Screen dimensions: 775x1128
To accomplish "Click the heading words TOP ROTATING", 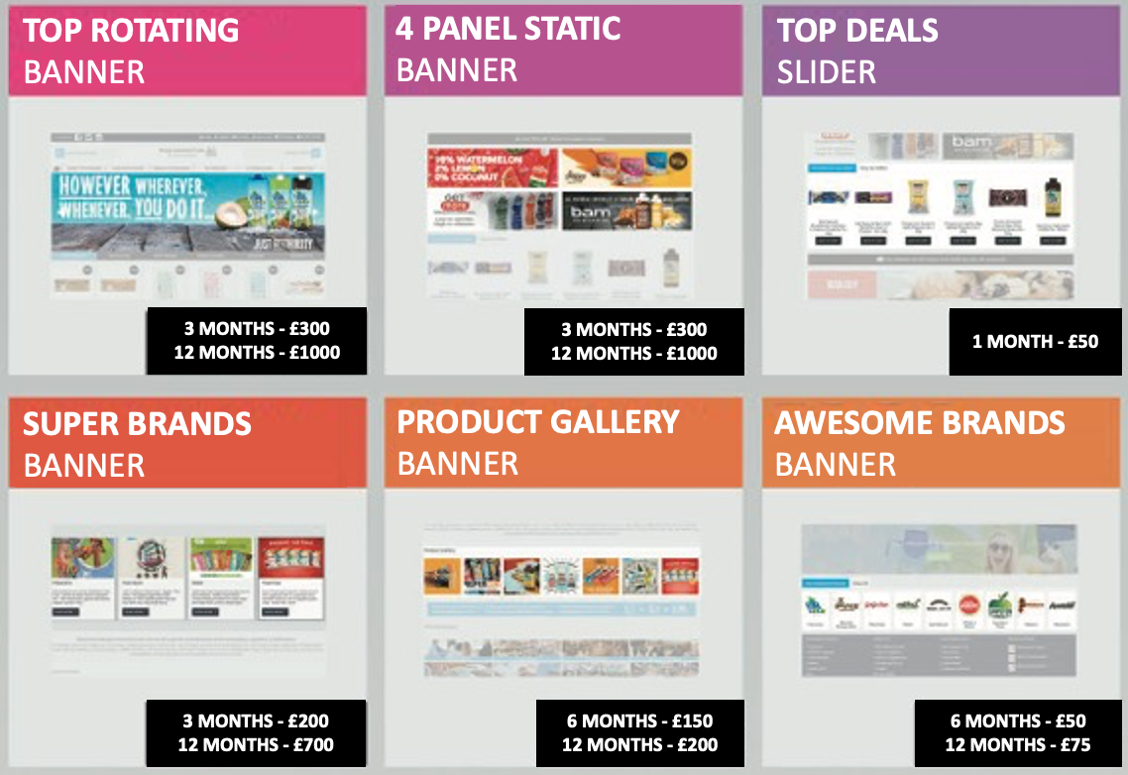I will (x=131, y=30).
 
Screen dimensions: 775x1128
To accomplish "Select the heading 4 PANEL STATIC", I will (x=508, y=28).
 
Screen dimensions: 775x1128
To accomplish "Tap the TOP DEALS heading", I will (x=857, y=30).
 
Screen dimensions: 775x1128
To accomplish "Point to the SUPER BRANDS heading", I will (x=137, y=424).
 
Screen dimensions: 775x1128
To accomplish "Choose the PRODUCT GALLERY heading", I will (x=538, y=421).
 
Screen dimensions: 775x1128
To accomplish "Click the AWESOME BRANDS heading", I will (x=920, y=423).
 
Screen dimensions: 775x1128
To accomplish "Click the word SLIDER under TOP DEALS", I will (x=826, y=71).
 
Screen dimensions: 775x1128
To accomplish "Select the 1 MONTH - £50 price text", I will (x=1035, y=341).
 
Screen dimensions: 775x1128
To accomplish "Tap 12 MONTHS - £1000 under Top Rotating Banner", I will (x=257, y=353).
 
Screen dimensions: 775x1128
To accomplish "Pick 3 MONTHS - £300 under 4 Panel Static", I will (x=633, y=329).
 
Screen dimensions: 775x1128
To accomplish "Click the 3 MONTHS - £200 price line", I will (x=256, y=720).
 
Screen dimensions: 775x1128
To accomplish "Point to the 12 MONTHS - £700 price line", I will (x=256, y=744).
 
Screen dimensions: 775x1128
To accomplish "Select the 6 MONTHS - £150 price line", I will (x=639, y=720).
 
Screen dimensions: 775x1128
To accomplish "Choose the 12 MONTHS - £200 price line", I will (x=639, y=744).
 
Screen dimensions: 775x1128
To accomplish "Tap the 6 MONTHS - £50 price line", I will (x=1018, y=720).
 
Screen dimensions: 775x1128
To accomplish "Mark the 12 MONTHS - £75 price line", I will (x=1018, y=744).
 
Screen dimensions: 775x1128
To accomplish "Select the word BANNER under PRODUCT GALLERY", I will (x=457, y=463).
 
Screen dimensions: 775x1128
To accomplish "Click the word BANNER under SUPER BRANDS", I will (x=84, y=465).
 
